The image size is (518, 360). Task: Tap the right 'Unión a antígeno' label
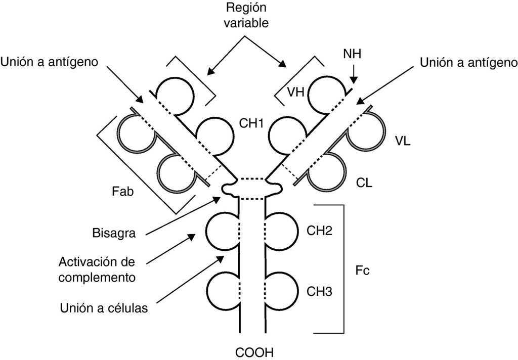[469, 62]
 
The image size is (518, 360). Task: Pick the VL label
[403, 141]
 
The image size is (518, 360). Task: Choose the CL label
[364, 183]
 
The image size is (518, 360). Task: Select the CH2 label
[320, 231]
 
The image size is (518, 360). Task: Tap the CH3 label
[320, 292]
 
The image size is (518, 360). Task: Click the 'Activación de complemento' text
[97, 269]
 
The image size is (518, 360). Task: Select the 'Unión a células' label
[104, 308]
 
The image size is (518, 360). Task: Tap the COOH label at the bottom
[251, 351]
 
